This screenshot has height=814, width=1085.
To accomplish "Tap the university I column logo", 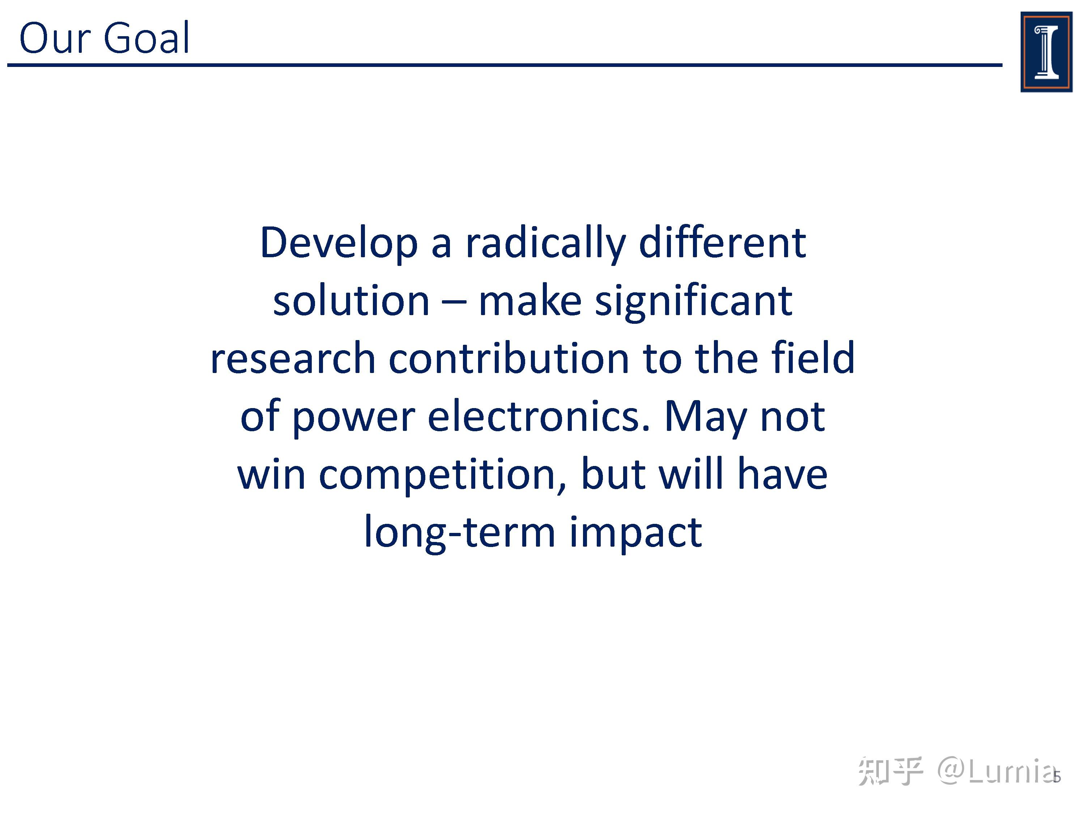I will click(x=1046, y=52).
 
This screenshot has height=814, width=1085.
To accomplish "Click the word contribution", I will click(x=509, y=358).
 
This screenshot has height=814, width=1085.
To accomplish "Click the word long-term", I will click(x=460, y=533).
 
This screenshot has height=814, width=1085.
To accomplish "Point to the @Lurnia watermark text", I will click(x=996, y=771).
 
